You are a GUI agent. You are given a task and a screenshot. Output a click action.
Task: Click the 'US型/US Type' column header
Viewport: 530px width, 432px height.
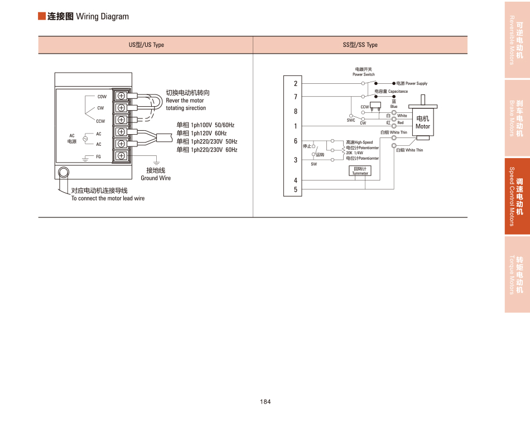146,45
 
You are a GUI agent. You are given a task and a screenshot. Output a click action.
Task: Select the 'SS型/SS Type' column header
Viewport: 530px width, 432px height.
360,45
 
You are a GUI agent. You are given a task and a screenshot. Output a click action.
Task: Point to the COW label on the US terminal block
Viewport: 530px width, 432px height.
102,97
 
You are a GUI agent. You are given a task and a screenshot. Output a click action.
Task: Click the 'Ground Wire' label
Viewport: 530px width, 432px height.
156,178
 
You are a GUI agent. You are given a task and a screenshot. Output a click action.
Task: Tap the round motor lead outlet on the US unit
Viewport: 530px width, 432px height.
64,172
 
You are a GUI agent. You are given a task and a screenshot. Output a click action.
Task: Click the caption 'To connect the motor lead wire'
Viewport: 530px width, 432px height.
108,198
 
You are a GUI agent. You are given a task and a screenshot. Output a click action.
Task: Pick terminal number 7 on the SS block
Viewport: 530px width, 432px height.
296,97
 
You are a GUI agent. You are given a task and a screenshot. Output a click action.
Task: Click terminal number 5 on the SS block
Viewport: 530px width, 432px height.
296,190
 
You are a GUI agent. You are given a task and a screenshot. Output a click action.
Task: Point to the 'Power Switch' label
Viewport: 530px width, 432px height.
364,74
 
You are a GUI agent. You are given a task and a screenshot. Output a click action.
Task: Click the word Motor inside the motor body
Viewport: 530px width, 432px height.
423,126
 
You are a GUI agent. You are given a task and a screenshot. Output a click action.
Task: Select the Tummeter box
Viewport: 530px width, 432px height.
360,171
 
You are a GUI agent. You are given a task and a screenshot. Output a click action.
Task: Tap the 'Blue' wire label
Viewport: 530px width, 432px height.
394,107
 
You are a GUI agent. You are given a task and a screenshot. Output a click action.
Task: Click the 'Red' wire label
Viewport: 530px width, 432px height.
401,122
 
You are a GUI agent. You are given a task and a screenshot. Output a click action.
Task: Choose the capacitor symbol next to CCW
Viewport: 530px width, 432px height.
375,105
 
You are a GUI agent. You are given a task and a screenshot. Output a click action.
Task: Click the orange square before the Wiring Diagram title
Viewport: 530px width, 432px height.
41,16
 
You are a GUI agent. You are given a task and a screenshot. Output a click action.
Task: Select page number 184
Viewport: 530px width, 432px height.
265,402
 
